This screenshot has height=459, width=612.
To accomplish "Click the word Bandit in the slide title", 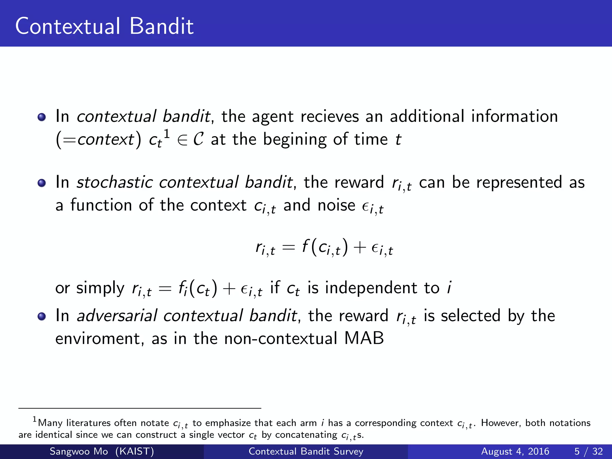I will tap(161, 26).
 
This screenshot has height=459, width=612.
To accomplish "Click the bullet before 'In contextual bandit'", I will tap(42, 117).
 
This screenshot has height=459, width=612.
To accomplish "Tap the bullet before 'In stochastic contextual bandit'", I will tap(42, 183).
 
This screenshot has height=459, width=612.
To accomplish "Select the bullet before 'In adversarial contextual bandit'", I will tap(42, 316).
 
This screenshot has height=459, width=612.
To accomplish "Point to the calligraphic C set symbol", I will tap(198, 139).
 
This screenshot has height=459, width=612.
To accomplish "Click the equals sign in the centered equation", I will tap(288, 247).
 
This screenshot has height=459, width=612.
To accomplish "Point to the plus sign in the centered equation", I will tap(359, 247).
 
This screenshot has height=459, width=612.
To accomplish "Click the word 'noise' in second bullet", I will tap(336, 206).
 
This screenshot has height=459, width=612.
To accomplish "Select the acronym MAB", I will tap(364, 339).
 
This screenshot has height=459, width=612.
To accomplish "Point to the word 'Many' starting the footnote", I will tap(50, 423).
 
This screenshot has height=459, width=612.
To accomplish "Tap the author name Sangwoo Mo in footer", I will tap(79, 451).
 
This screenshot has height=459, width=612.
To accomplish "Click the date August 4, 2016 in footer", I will tap(515, 451).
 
